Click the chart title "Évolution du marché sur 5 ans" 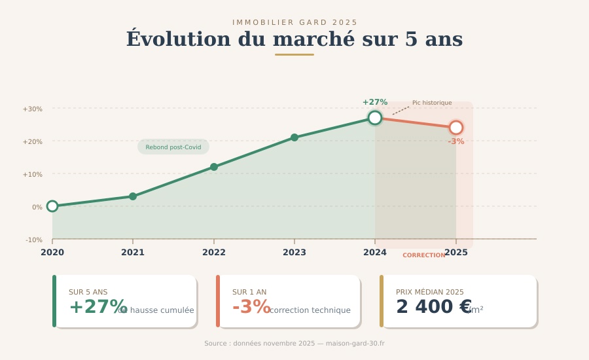pyautogui.click(x=294, y=39)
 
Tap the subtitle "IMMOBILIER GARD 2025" pyautogui.click(x=294, y=23)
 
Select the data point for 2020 pyautogui.click(x=52, y=206)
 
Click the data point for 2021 pyautogui.click(x=133, y=196)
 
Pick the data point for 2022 pyautogui.click(x=214, y=167)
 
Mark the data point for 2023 pyautogui.click(x=294, y=137)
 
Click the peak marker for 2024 pyautogui.click(x=375, y=118)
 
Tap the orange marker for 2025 pyautogui.click(x=456, y=128)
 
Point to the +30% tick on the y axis pyautogui.click(x=33, y=109)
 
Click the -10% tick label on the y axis pyautogui.click(x=34, y=240)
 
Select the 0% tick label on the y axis pyautogui.click(x=37, y=207)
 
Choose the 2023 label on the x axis pyautogui.click(x=294, y=252)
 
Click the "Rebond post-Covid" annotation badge pyautogui.click(x=173, y=147)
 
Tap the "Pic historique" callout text pyautogui.click(x=432, y=103)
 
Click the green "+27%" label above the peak pyautogui.click(x=375, y=102)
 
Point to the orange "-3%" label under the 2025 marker pyautogui.click(x=456, y=141)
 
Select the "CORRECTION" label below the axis pyautogui.click(x=423, y=255)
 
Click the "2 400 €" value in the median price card pyautogui.click(x=433, y=307)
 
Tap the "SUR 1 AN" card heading pyautogui.click(x=249, y=292)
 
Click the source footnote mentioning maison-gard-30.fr pyautogui.click(x=294, y=344)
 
